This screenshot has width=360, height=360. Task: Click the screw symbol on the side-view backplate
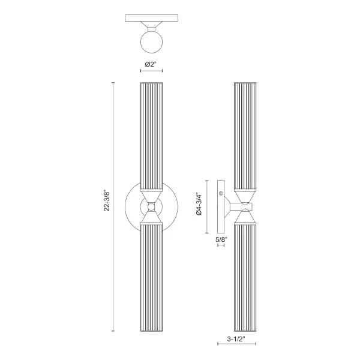click(221, 193)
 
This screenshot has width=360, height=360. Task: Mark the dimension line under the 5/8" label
click(221, 246)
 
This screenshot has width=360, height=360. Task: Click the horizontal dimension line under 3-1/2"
click(236, 346)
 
